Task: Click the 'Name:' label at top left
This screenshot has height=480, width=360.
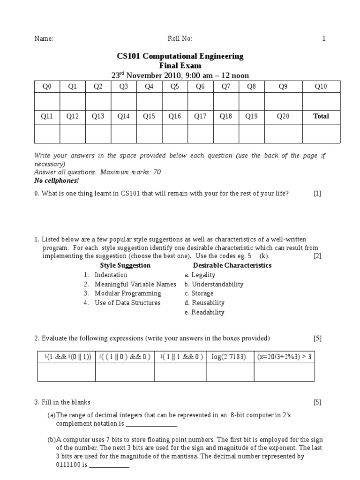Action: click(44, 39)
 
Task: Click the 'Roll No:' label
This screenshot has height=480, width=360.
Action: click(180, 39)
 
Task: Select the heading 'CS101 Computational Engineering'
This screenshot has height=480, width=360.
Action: click(180, 56)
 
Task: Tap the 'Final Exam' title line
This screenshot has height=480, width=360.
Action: click(180, 66)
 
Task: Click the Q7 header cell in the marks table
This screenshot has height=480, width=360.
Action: click(226, 87)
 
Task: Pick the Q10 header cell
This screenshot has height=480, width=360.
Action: click(321, 87)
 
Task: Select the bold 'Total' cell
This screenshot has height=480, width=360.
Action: click(321, 116)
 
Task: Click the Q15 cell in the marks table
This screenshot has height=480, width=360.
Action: click(149, 116)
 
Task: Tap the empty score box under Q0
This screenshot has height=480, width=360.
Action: click(47, 101)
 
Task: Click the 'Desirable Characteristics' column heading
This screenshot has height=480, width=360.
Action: click(232, 265)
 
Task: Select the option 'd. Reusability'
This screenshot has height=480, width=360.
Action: click(204, 303)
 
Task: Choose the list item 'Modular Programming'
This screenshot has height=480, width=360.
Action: click(127, 293)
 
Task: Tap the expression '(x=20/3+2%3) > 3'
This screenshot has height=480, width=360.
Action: click(284, 357)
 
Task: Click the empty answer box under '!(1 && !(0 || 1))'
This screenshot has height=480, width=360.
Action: click(66, 372)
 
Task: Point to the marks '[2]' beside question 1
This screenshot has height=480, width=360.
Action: click(317, 256)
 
